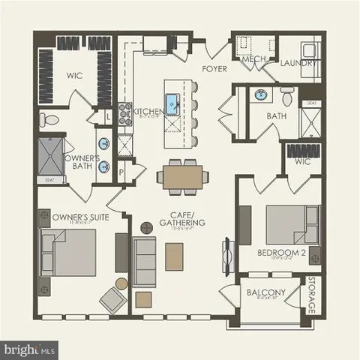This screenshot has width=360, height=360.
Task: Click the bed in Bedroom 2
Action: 286,223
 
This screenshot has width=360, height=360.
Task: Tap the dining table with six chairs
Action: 181,177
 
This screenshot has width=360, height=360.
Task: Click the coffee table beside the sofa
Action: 174,256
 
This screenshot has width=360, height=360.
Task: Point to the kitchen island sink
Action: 172,102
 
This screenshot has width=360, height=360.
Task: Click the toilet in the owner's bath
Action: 49,120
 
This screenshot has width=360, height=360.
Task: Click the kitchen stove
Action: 124,111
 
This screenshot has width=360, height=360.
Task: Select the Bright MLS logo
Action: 30,349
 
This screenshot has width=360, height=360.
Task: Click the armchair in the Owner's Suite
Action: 112,299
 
